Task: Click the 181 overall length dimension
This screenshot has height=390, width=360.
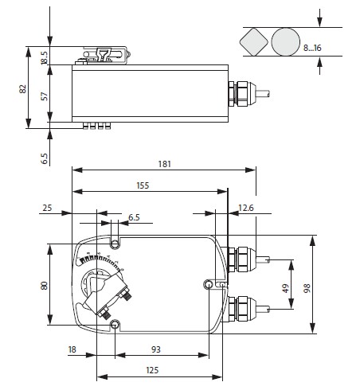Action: click(x=165, y=164)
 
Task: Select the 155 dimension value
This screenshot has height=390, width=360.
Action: click(x=143, y=185)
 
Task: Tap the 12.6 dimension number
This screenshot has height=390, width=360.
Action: click(x=246, y=208)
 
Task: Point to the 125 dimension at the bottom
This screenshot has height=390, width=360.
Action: click(x=152, y=370)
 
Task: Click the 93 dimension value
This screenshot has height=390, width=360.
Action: click(x=156, y=349)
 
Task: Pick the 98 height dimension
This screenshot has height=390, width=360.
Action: click(x=307, y=288)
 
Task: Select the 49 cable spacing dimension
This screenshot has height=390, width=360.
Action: click(x=285, y=288)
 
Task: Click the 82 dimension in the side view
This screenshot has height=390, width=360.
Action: click(x=23, y=88)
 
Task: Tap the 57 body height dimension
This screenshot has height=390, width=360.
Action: click(x=45, y=96)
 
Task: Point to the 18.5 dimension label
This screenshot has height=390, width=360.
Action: click(x=44, y=58)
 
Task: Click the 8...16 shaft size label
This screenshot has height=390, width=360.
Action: click(x=312, y=48)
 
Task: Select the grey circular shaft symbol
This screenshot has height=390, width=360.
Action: click(x=286, y=42)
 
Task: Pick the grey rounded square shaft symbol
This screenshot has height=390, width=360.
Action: click(x=254, y=41)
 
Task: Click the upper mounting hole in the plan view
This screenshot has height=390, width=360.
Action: click(x=115, y=244)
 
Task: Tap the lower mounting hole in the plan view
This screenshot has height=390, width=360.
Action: click(x=115, y=324)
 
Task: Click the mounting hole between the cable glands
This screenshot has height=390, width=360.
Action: click(x=209, y=285)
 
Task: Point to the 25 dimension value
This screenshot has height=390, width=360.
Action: click(x=47, y=208)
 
